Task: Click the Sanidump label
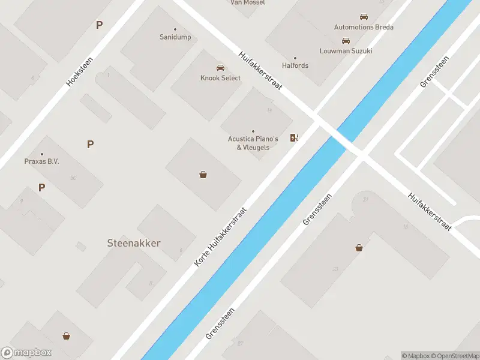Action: pos(175,37)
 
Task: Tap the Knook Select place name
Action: pos(220,78)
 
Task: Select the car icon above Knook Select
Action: pos(220,67)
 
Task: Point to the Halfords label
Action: pos(295,65)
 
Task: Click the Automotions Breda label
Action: pos(364,27)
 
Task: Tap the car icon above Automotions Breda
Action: pos(364,17)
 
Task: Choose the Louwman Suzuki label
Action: pos(346,51)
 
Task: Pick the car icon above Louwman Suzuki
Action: pos(346,41)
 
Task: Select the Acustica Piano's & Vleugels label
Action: pos(253,143)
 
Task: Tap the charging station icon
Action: pos(294,138)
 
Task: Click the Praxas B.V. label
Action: pos(41,161)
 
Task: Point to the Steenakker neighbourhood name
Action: pos(134,243)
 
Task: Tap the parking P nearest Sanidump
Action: pos(99,25)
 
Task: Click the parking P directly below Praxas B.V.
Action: pos(41,187)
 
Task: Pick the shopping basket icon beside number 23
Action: pos(359,247)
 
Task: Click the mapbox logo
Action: pos(26,353)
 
